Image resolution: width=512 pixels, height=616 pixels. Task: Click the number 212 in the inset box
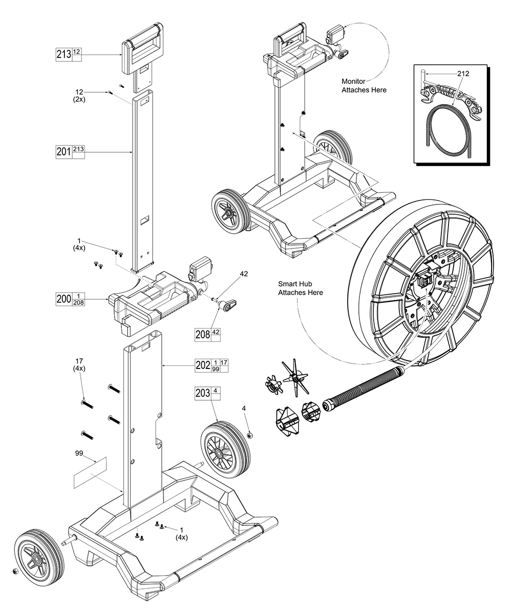tap(463, 73)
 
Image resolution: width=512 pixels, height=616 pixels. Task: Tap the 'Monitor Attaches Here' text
tap(364, 85)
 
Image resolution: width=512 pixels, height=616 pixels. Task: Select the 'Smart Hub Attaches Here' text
tap(300, 288)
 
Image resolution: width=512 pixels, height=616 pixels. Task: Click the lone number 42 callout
tap(243, 274)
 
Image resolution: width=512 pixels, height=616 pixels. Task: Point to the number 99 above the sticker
tap(79, 453)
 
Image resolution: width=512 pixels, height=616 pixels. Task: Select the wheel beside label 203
tap(225, 449)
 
